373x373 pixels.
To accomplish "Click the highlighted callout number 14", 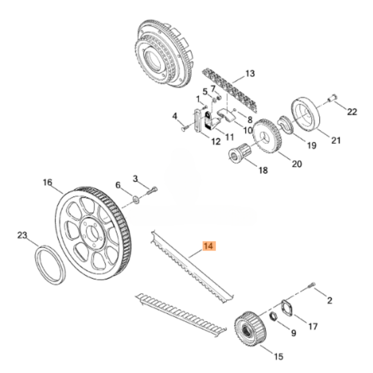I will (209, 246).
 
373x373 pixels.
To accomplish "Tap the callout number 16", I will (47, 182).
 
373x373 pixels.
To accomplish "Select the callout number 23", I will (22, 235).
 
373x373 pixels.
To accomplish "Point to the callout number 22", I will (352, 112).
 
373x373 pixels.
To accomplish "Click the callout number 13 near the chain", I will (250, 74).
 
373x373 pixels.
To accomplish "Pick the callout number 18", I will (263, 170).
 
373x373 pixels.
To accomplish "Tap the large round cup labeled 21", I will (306, 114).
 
